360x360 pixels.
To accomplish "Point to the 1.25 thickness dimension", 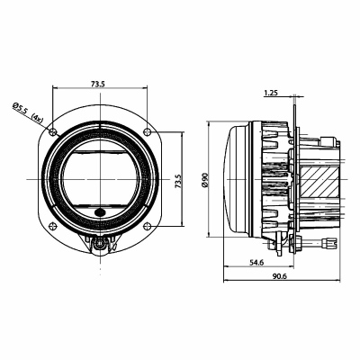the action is (271, 93).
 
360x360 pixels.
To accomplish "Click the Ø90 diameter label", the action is (205, 180).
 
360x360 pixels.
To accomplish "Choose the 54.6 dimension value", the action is (256, 263).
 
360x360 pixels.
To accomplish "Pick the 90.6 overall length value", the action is (280, 276).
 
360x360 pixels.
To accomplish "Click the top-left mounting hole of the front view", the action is (53, 131).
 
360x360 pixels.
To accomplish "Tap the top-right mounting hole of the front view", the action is (147, 131).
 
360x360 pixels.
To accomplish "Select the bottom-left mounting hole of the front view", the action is (53, 225).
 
